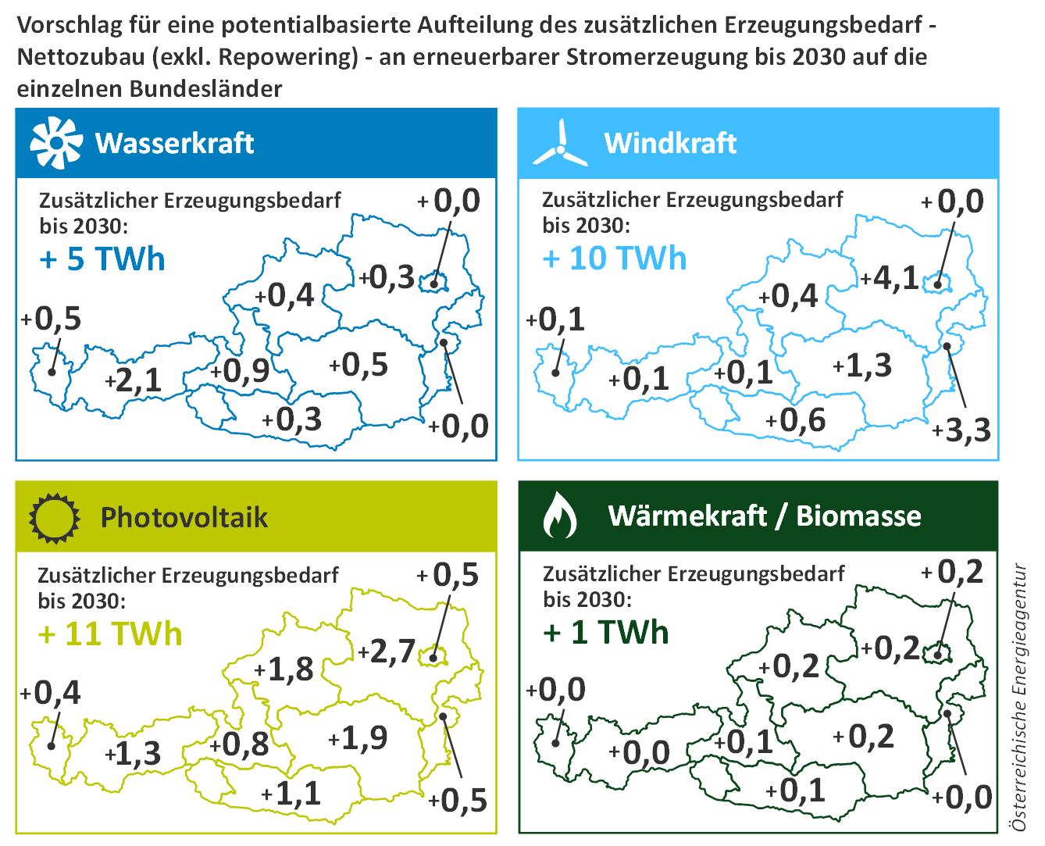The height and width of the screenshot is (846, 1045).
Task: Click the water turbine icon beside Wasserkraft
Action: tap(56, 143)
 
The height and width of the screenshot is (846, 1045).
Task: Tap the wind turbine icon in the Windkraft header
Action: tap(560, 142)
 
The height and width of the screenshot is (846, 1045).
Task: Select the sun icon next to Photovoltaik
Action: tap(54, 518)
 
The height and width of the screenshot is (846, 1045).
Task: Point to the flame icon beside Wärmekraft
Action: tap(560, 516)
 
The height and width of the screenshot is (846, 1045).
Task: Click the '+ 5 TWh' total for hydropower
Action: tap(102, 259)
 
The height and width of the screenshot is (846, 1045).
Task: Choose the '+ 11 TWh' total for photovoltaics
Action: tap(110, 634)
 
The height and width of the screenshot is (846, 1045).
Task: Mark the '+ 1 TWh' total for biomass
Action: tap(606, 632)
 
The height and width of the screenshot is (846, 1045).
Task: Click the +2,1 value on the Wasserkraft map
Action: tap(133, 380)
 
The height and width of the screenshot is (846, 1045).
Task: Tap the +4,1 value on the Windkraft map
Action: tap(890, 278)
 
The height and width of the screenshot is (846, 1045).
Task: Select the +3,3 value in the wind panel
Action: tap(961, 430)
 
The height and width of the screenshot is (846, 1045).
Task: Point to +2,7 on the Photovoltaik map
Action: tap(387, 651)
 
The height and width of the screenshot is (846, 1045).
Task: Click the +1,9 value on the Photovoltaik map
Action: tap(358, 737)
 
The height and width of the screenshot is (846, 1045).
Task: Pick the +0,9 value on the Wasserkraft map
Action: tap(240, 371)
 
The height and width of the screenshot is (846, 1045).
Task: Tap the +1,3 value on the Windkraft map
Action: tap(862, 366)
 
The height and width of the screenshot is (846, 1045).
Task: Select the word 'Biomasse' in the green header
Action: tap(858, 516)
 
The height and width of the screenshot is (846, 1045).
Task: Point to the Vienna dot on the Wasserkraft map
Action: tap(434, 283)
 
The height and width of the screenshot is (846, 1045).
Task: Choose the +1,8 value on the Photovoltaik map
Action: tap(284, 669)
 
